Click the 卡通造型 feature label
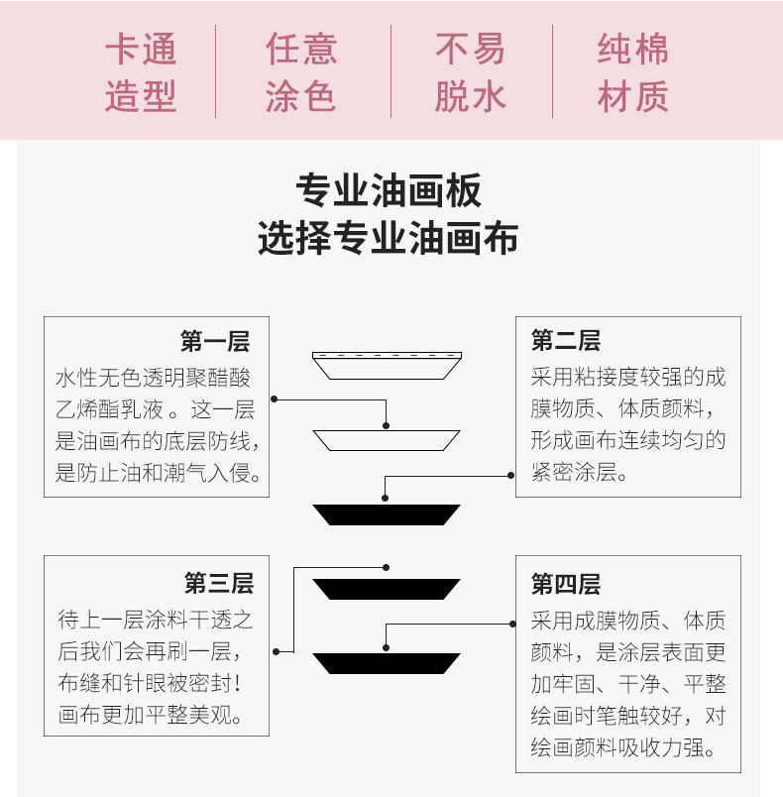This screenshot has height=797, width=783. tap(141, 72)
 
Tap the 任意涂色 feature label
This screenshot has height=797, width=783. tap(300, 72)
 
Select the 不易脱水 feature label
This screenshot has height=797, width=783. tap(471, 72)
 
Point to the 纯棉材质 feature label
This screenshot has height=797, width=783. tap(632, 72)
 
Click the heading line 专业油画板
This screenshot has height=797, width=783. tap(389, 190)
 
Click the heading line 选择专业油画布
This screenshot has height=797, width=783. tap(389, 237)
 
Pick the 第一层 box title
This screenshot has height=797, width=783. tap(215, 341)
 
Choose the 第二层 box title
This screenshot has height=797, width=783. tap(566, 340)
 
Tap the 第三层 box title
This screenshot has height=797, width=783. tap(219, 583)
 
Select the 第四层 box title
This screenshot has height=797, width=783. tap(566, 584)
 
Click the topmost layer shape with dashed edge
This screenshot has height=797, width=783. tap(388, 366)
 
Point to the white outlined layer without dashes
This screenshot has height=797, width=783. tap(387, 440)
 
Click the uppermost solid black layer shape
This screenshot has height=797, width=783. tap(387, 514)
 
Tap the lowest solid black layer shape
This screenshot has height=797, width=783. tap(387, 664)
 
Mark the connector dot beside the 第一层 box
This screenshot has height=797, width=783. tap(274, 399)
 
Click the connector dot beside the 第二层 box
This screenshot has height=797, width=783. tap(511, 476)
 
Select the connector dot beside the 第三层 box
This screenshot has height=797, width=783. tap(276, 651)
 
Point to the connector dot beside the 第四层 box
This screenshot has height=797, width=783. tap(512, 624)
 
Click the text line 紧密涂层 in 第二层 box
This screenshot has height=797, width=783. tap(579, 472)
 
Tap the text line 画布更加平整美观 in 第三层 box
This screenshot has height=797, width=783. tap(150, 715)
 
